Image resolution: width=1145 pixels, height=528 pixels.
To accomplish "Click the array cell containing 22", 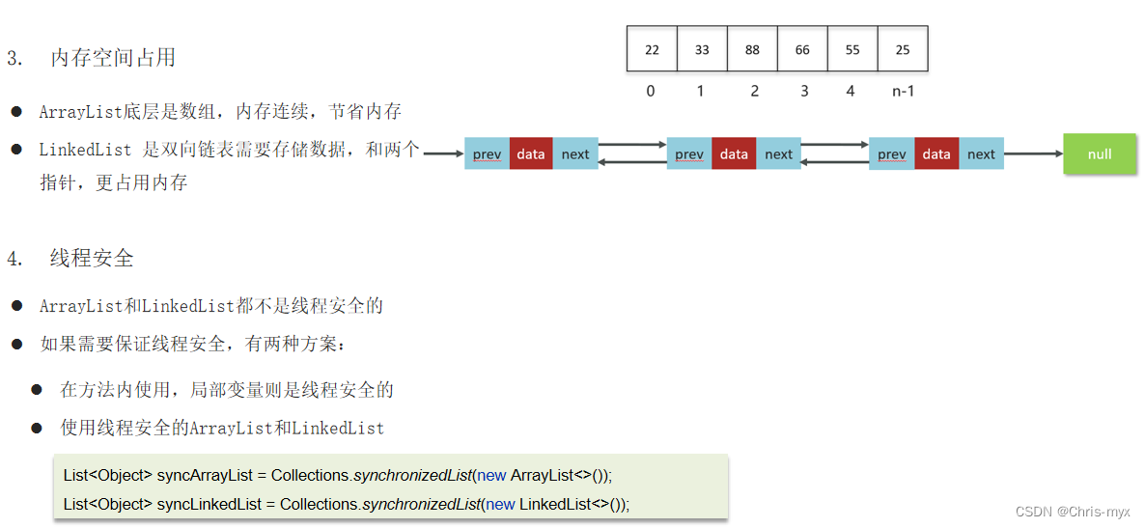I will pos(652,49).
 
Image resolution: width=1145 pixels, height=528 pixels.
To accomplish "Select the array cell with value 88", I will pos(752,49).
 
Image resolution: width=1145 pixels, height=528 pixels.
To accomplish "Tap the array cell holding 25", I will pos(903,49).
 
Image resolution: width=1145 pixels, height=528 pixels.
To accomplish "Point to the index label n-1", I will pos(903,92).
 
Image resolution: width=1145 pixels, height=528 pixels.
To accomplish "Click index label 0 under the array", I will pos(651,92).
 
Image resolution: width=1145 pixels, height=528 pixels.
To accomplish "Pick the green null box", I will pos(1100,154).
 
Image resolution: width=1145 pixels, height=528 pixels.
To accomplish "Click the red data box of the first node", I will pos(531,154).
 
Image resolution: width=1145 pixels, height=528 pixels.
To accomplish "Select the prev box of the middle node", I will pos(689,154).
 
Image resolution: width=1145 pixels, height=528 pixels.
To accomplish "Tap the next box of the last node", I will pos(981,154).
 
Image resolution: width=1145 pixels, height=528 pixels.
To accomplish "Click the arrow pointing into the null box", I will pos(1033,153).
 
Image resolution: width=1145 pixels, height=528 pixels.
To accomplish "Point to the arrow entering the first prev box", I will pos(443,153).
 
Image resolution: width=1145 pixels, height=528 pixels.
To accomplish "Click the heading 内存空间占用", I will pos(113,58).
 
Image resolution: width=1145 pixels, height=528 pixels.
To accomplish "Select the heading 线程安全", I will pos(92,259).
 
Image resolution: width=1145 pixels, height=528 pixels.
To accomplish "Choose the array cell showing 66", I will pos(802,49).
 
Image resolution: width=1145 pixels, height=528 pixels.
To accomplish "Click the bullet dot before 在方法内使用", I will pos(37,390).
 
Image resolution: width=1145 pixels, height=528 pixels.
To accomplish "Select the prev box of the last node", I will pos(891,154).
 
